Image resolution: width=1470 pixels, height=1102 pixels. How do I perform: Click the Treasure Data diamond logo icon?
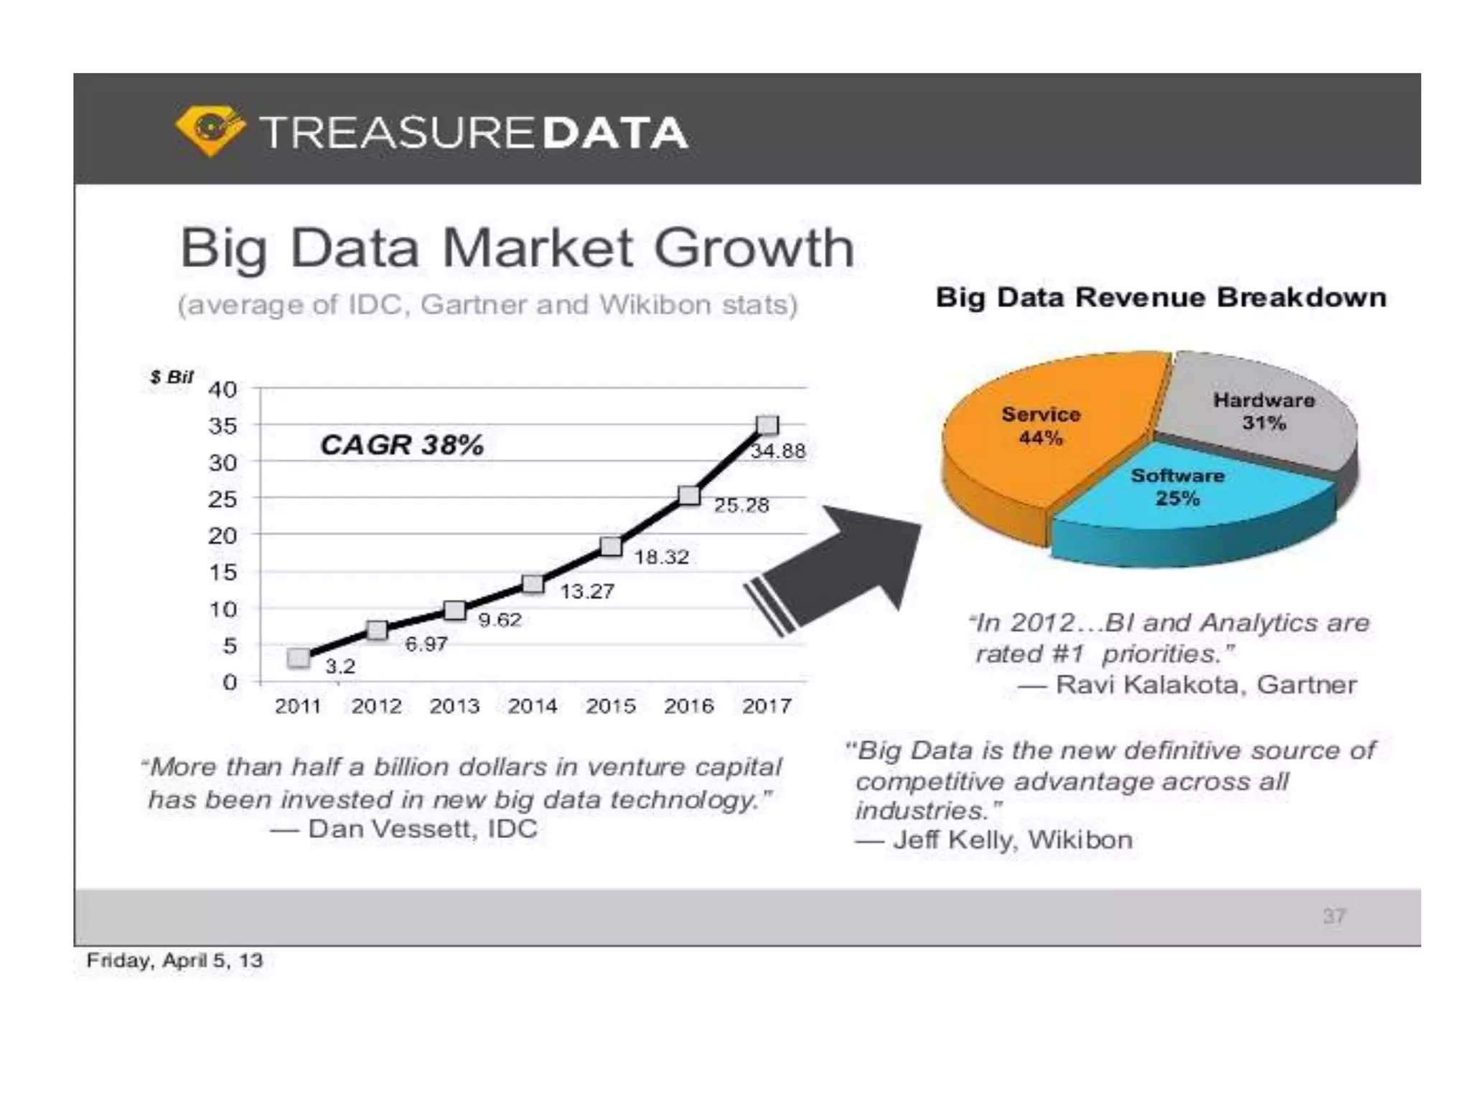point(210,131)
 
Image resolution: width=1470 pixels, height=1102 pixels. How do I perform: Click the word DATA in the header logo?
point(615,133)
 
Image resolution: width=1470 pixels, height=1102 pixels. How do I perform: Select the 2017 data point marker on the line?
point(767,425)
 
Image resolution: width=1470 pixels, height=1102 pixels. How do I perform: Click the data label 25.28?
point(741,505)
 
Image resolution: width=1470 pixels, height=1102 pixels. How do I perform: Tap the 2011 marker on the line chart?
point(299,658)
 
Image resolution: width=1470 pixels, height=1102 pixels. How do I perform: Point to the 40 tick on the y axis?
point(223,390)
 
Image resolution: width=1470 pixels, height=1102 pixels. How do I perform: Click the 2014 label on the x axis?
point(532,706)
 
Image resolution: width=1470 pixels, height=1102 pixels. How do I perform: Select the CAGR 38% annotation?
point(401,445)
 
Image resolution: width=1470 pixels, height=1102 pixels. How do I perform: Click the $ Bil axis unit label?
point(171,377)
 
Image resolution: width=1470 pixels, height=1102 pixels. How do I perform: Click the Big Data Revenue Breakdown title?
point(1160,297)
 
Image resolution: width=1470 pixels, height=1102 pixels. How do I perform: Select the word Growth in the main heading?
point(753,248)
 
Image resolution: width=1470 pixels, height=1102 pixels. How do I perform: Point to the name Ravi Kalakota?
point(1148,684)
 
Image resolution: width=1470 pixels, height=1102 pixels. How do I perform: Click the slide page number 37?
point(1334,916)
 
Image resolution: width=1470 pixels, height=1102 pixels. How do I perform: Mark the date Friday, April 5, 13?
point(174,960)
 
